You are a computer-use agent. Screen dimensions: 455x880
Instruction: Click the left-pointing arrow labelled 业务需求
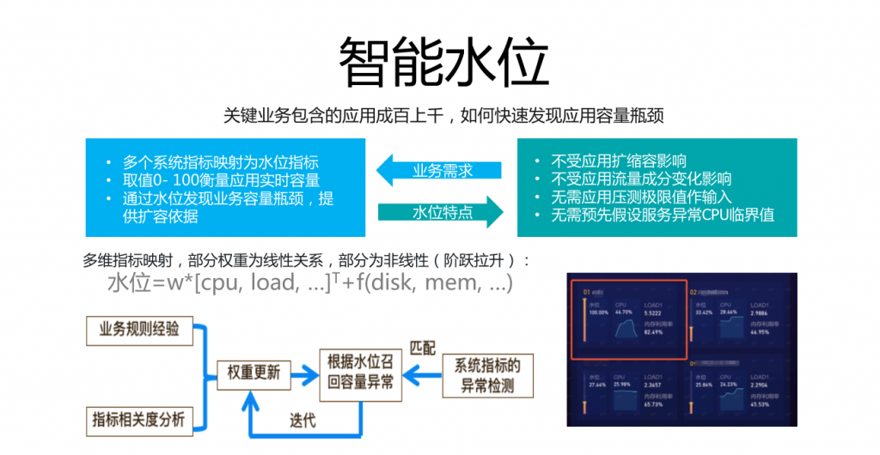(438, 170)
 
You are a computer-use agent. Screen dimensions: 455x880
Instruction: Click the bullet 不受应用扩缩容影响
(618, 161)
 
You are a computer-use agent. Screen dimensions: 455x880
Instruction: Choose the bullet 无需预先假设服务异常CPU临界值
(662, 215)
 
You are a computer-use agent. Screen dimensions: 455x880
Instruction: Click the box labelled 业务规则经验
(139, 330)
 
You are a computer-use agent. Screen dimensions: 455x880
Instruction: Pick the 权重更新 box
(254, 373)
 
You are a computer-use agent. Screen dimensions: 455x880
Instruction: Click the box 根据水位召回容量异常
(360, 373)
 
